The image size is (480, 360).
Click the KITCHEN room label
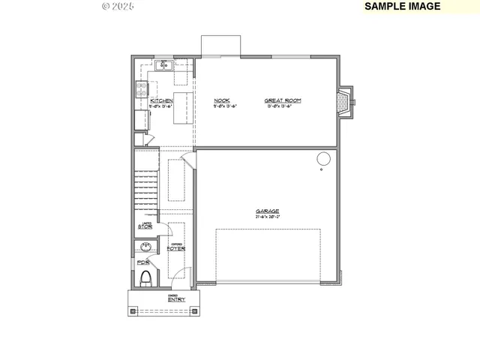161,100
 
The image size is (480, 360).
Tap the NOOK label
221,100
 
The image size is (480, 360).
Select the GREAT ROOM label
283,100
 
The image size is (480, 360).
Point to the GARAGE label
267,211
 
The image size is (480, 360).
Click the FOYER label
176,247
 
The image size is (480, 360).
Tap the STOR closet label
145,226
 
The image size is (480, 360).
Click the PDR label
142,262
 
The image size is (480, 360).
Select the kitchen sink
164,66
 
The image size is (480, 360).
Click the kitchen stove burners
140,89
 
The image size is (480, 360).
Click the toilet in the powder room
147,279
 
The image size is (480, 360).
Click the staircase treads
146,190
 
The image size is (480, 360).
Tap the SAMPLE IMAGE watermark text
403,6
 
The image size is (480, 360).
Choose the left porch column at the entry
131,310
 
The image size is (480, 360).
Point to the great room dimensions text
283,106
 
